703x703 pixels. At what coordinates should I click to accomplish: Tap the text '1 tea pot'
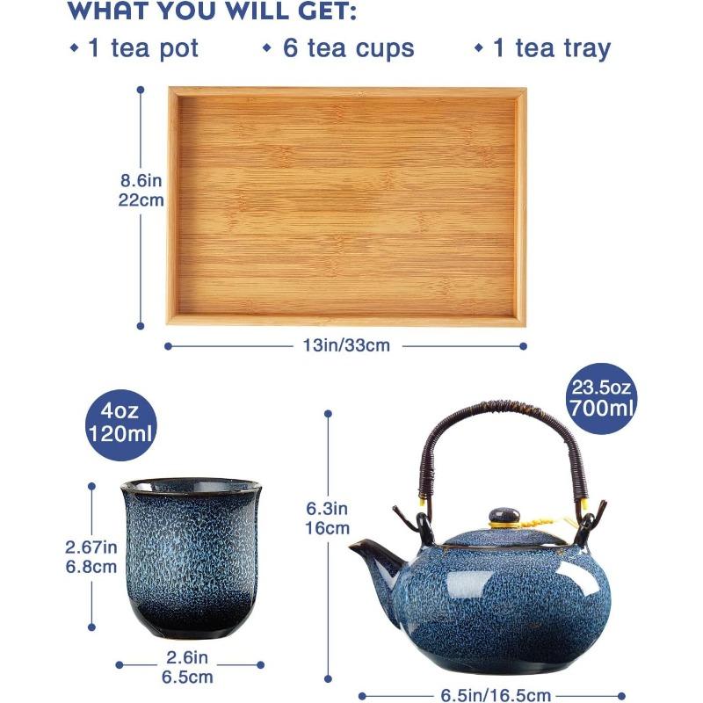click(x=143, y=47)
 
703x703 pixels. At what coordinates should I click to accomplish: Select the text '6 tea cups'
click(x=348, y=47)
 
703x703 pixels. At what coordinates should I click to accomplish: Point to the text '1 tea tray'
click(x=551, y=47)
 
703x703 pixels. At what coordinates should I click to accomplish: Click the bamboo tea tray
click(x=347, y=207)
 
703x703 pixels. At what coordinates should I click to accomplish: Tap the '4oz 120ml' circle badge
click(x=120, y=422)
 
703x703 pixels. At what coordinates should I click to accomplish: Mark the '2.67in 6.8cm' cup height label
click(x=91, y=556)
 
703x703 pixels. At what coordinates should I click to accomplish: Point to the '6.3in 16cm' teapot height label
click(x=328, y=518)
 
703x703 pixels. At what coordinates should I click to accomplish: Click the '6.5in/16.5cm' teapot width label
click(x=491, y=695)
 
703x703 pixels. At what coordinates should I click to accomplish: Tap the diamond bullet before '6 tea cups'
click(x=267, y=47)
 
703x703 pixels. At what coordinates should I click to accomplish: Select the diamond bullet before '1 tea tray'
click(x=479, y=47)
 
